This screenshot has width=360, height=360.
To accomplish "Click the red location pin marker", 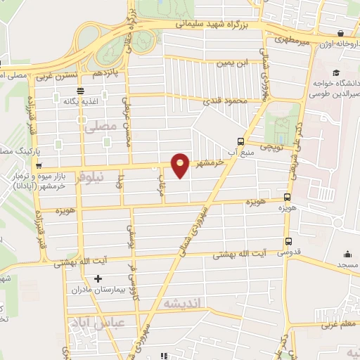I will (x=181, y=165).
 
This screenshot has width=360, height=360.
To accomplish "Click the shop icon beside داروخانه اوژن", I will (x=341, y=33).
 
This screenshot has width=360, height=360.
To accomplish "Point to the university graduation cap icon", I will (x=337, y=73).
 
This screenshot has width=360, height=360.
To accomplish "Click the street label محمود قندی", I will (x=227, y=102).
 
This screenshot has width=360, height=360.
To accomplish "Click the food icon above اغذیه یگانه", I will (x=80, y=90).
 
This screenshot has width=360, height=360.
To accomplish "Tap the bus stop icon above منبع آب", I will (x=241, y=140).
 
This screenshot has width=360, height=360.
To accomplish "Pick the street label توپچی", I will (x=271, y=148).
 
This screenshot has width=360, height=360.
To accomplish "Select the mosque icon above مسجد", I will (x=347, y=255).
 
